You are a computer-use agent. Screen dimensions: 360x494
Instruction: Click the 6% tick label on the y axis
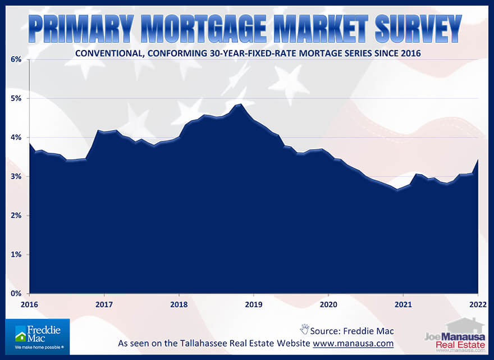click(15, 60)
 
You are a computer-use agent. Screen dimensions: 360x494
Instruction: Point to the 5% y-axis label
click(15, 98)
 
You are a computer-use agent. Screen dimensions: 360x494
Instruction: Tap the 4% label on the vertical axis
click(15, 138)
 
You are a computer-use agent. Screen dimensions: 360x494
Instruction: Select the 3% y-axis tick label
click(15, 176)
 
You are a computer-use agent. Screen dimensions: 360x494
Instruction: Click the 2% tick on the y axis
click(15, 216)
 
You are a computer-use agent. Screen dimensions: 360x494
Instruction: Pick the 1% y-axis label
click(15, 254)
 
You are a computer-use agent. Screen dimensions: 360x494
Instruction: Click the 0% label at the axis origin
click(15, 294)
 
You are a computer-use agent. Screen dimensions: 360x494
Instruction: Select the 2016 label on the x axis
click(29, 304)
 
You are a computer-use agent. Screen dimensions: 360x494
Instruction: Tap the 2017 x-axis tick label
click(104, 304)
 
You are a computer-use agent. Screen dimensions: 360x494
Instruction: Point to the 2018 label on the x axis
click(179, 304)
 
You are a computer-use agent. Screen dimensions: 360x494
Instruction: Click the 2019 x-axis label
click(253, 304)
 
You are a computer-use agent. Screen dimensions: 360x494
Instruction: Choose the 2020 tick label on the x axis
click(328, 304)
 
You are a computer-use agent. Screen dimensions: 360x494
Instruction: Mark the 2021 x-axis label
click(402, 304)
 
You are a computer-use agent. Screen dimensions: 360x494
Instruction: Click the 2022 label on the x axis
click(477, 304)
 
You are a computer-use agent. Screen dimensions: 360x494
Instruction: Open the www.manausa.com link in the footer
click(353, 343)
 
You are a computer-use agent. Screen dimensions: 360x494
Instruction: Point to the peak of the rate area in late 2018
click(240, 104)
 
